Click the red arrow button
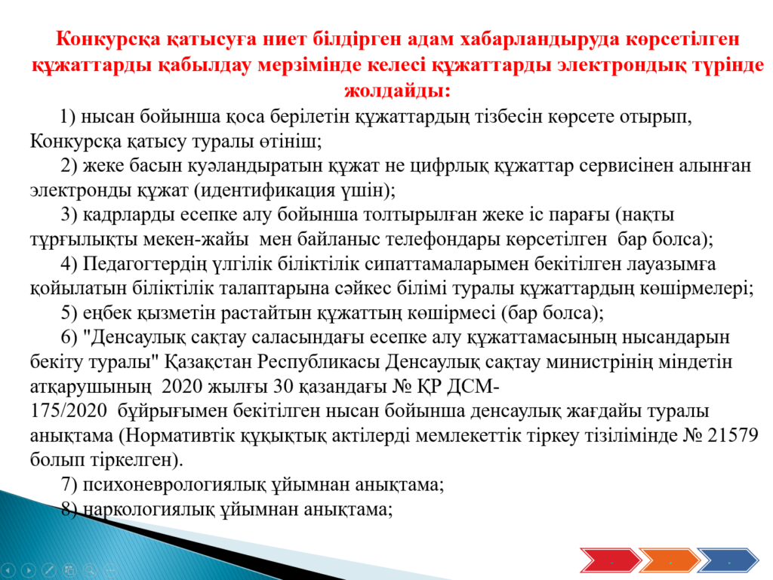(x=610, y=560)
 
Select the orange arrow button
(x=669, y=560)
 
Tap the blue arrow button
(x=728, y=560)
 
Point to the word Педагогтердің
(x=144, y=265)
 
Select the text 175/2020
(x=68, y=410)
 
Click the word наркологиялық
(x=149, y=509)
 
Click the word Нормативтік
(x=178, y=436)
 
